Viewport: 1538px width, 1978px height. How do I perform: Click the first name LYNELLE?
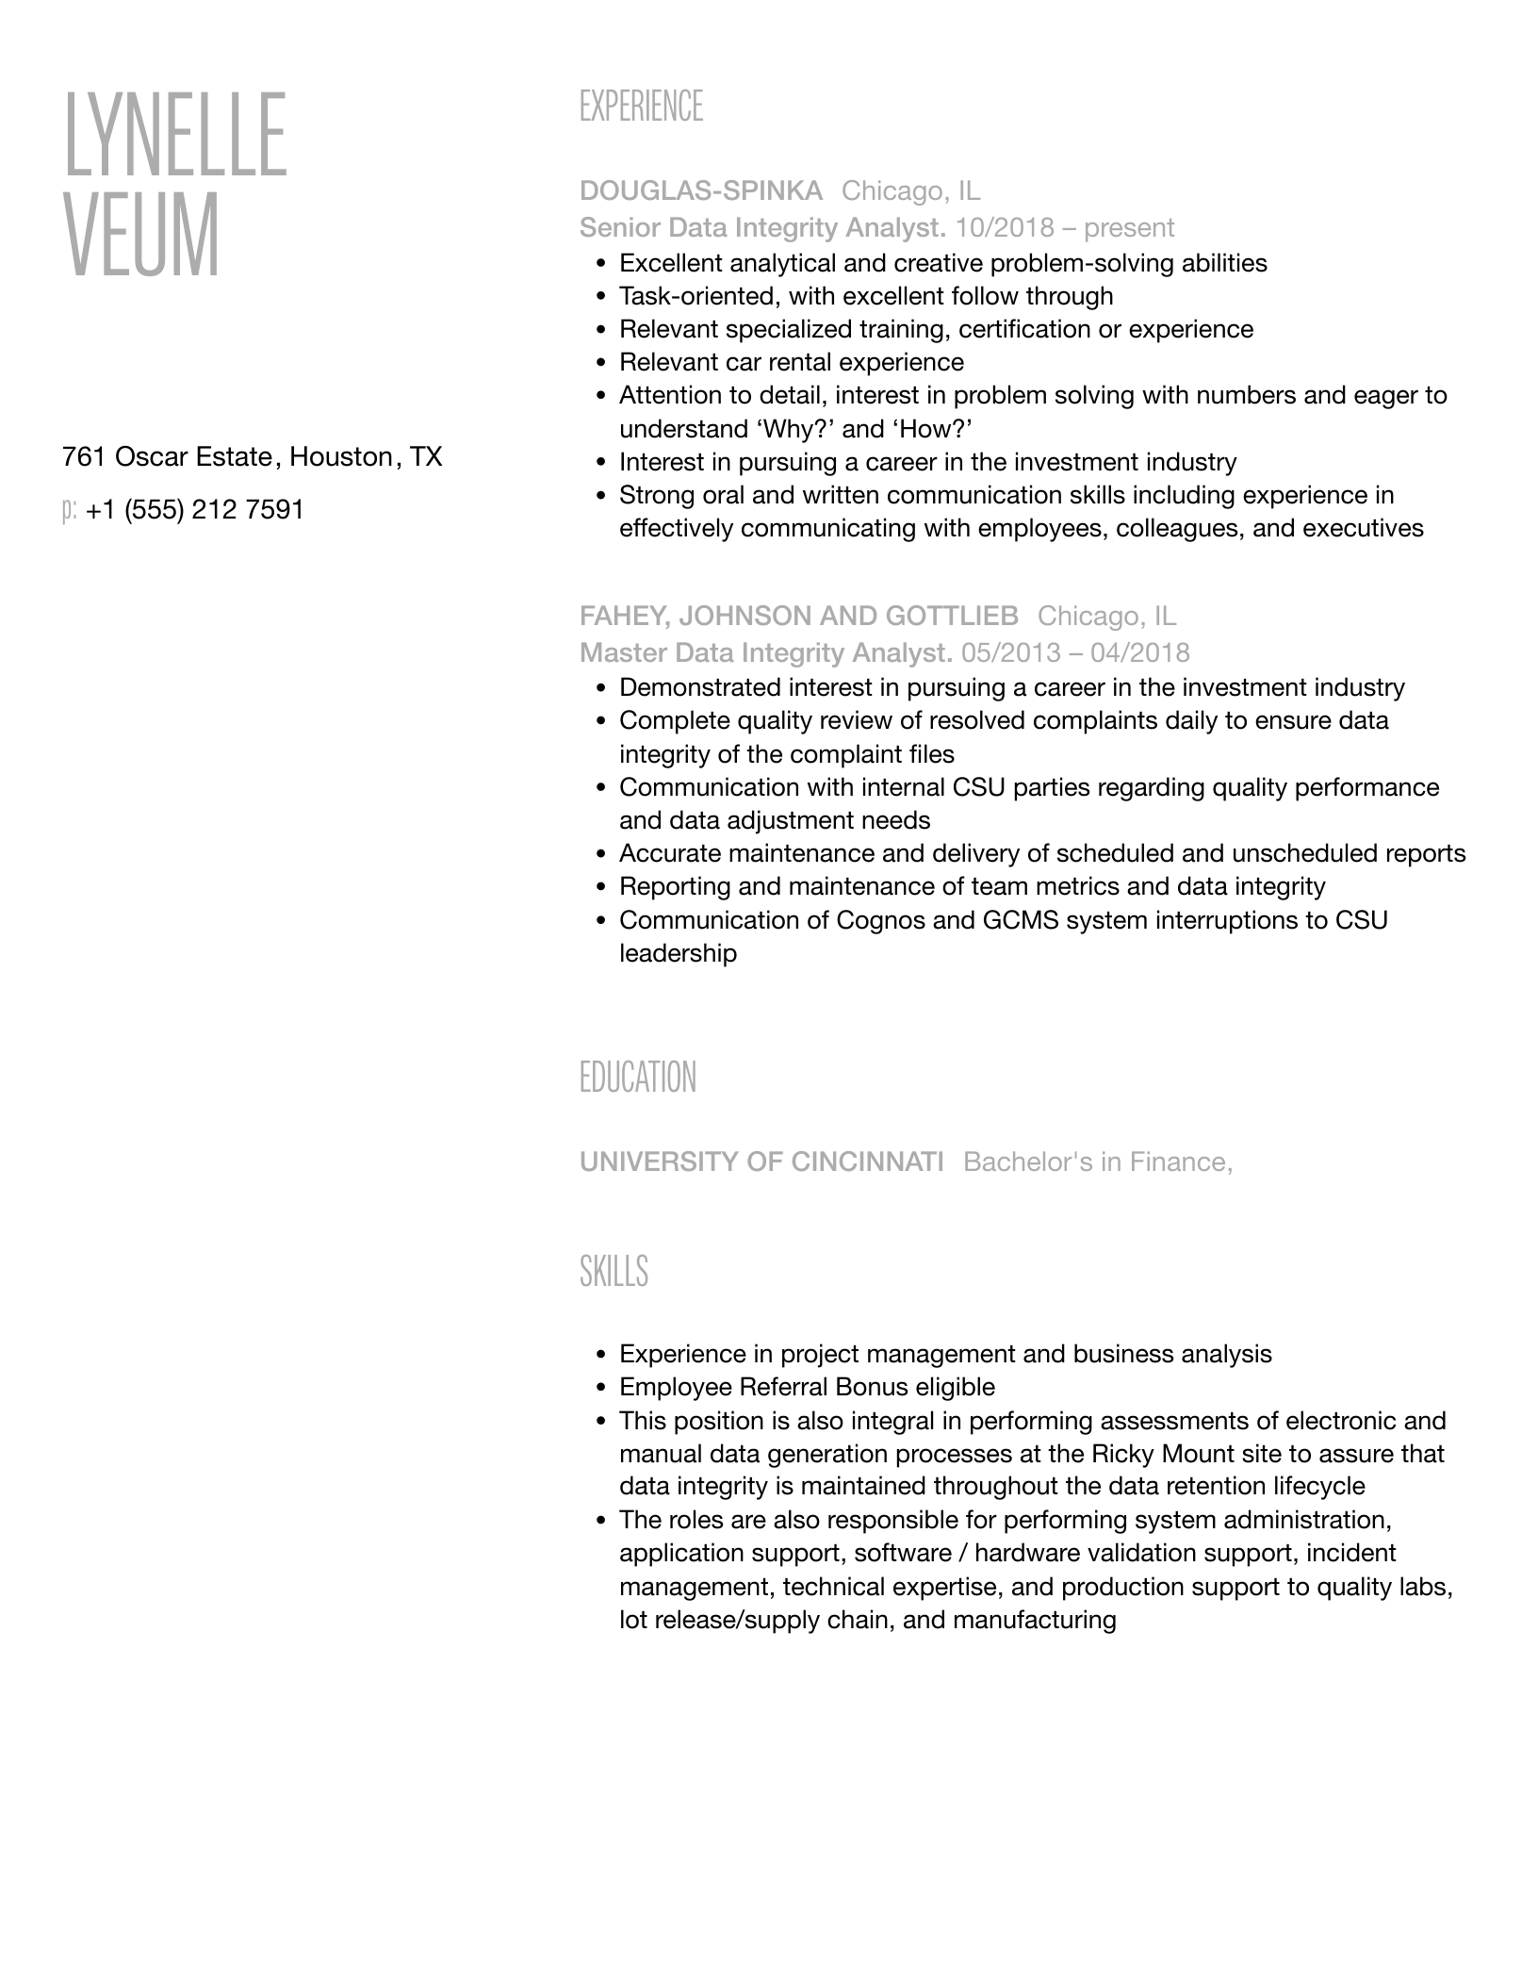pyautogui.click(x=175, y=134)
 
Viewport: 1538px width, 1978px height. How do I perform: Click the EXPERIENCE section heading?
pyautogui.click(x=641, y=107)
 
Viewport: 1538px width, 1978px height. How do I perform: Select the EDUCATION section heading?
pyautogui.click(x=638, y=1078)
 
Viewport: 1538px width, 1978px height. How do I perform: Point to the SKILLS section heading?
pyautogui.click(x=614, y=1272)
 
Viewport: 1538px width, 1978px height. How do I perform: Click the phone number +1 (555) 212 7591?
pyautogui.click(x=194, y=510)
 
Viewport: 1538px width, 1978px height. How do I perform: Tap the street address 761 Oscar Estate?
pyautogui.click(x=167, y=457)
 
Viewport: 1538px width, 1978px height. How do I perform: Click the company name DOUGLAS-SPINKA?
pyautogui.click(x=700, y=191)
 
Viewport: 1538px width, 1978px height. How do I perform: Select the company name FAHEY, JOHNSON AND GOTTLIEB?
pyautogui.click(x=798, y=617)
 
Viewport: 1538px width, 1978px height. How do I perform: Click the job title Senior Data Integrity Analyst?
pyautogui.click(x=762, y=228)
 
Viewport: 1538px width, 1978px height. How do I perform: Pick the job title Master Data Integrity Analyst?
pyautogui.click(x=765, y=653)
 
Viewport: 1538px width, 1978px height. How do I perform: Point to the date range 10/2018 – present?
pyautogui.click(x=1065, y=228)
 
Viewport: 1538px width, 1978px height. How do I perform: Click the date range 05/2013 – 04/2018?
pyautogui.click(x=1075, y=653)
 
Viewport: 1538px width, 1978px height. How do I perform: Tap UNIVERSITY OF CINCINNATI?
pyautogui.click(x=761, y=1162)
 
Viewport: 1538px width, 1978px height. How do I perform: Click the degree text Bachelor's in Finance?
pyautogui.click(x=1097, y=1162)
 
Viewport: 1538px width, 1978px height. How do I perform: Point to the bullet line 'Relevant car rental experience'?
pyautogui.click(x=792, y=363)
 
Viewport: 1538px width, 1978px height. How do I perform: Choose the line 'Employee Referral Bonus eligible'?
pyautogui.click(x=807, y=1388)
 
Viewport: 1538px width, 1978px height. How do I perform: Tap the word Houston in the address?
pyautogui.click(x=341, y=457)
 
